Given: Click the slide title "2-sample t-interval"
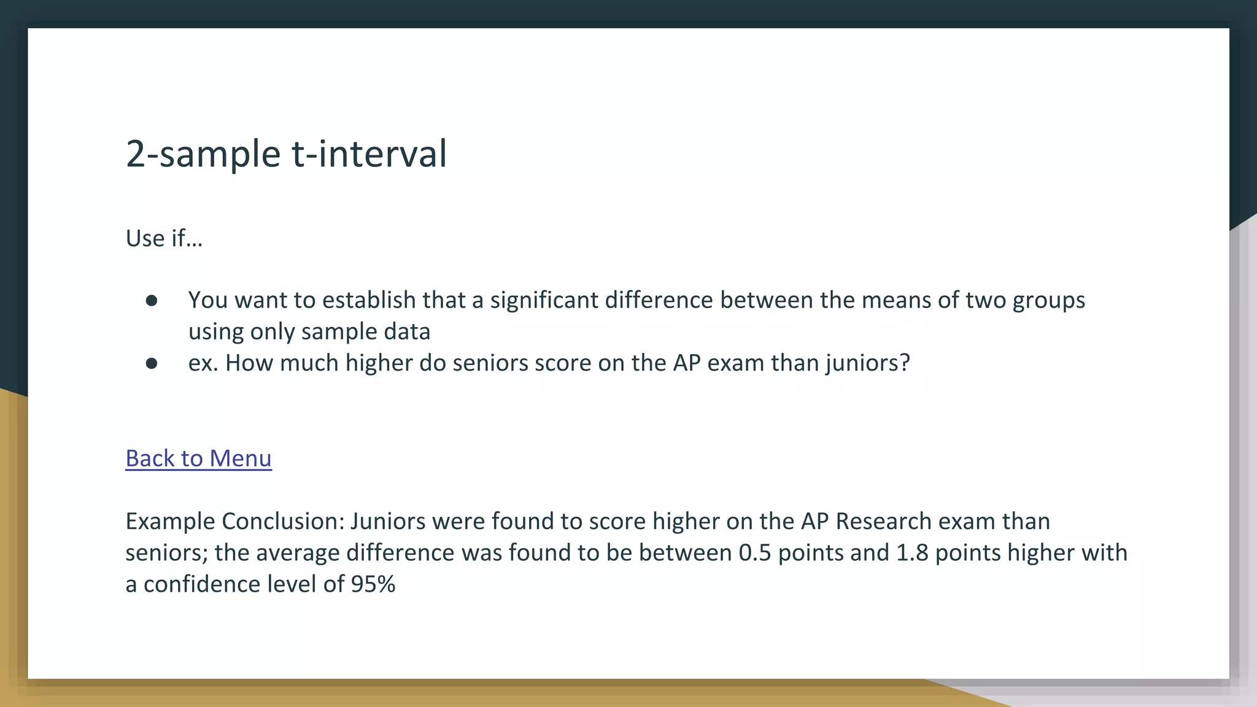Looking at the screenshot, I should tap(286, 153).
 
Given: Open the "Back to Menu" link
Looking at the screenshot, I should tap(198, 458).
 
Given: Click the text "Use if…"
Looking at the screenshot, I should tap(164, 238).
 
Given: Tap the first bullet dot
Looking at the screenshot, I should tap(152, 301).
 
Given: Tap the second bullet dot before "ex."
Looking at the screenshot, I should tap(152, 363).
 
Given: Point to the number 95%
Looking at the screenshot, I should tap(373, 584).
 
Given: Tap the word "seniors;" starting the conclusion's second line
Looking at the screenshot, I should tap(166, 553).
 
